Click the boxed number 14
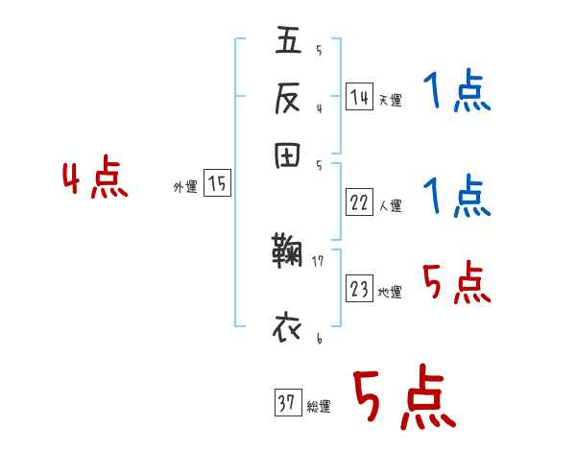[359, 96]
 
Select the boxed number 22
[359, 202]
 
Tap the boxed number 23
[359, 289]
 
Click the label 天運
[390, 100]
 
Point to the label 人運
[390, 205]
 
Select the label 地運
[390, 292]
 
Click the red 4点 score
[95, 180]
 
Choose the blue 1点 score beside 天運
[456, 94]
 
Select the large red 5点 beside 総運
[403, 398]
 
